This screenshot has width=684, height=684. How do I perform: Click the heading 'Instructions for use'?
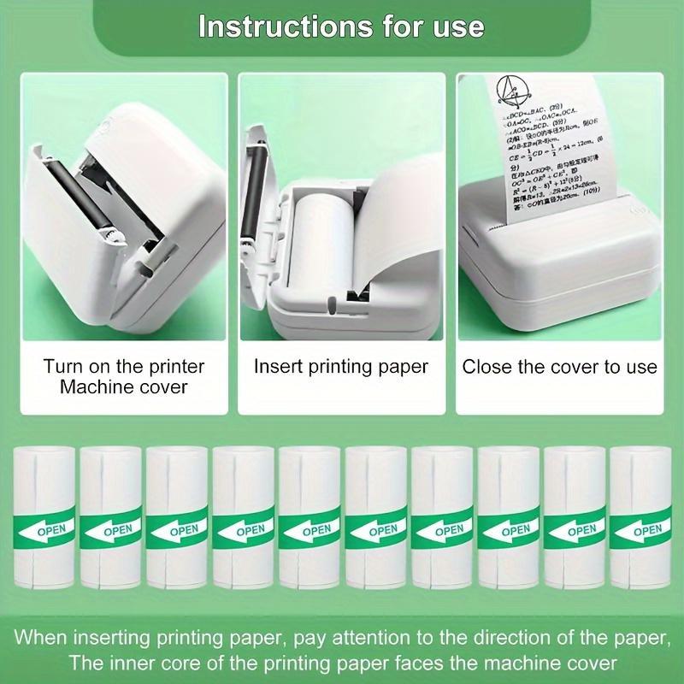[341, 26]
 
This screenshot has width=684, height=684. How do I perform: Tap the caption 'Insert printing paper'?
[341, 366]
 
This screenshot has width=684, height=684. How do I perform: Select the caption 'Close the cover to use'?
[560, 367]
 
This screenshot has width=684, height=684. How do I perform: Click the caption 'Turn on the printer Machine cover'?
[124, 376]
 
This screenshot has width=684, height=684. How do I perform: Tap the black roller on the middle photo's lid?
[253, 184]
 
